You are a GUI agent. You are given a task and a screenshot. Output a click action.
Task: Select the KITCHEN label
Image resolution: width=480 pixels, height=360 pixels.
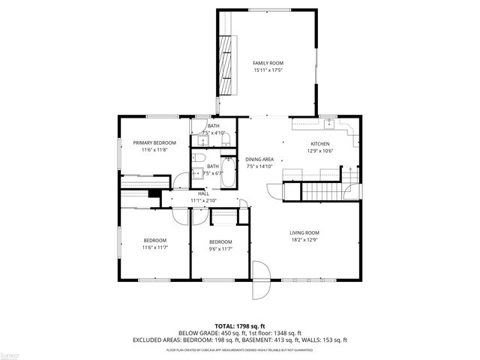click(320, 144)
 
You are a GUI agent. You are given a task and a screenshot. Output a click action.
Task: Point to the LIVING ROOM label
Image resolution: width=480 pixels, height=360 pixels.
click(304, 232)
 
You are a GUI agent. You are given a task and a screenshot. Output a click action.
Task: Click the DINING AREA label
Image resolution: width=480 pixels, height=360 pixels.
click(259, 160)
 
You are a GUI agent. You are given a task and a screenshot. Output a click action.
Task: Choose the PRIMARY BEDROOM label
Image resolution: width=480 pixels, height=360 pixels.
click(154, 142)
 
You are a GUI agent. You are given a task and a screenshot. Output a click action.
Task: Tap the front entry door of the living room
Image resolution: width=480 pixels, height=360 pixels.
click(259, 279)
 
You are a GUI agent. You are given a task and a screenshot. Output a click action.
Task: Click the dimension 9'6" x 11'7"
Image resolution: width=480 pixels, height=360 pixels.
click(220, 248)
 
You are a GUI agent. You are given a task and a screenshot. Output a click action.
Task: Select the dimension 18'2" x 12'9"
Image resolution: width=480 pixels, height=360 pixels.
click(304, 240)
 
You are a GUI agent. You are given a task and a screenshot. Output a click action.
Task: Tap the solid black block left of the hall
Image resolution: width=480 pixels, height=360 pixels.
click(154, 193)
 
